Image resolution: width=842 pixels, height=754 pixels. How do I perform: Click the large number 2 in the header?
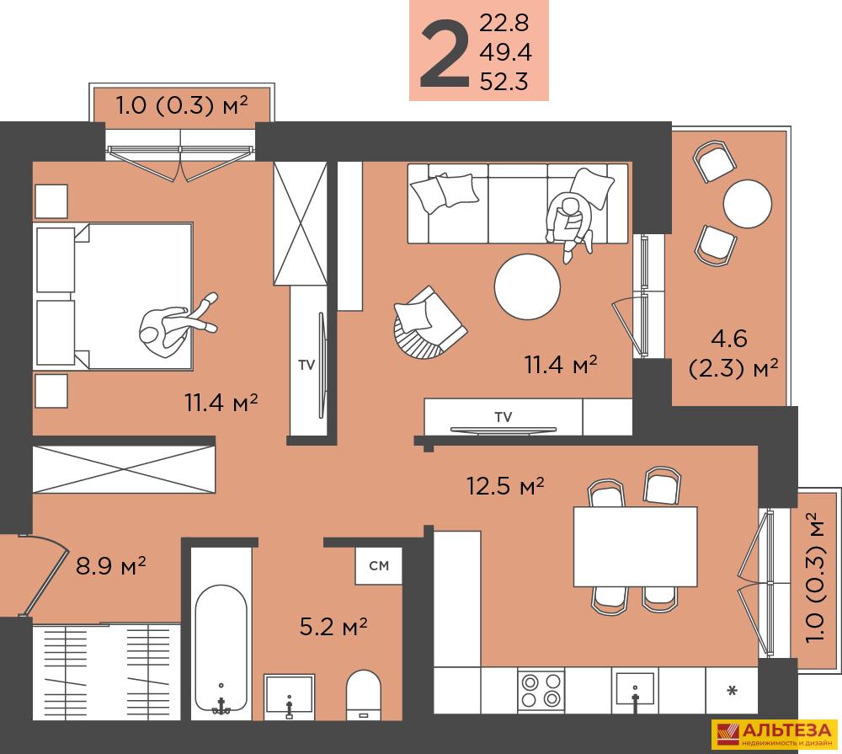click(444, 54)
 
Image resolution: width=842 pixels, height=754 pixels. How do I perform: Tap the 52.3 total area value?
click(504, 82)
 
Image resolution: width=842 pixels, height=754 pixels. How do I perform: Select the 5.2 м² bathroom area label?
click(333, 626)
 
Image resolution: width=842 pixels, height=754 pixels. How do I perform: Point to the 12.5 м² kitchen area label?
click(504, 486)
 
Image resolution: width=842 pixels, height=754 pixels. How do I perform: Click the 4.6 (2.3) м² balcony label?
click(733, 354)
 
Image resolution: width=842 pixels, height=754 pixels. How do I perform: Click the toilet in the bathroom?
click(364, 694)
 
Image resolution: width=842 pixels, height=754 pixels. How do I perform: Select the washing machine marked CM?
click(379, 565)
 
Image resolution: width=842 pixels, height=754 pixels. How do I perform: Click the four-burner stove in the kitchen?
click(541, 690)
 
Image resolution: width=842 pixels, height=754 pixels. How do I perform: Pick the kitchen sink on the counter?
click(635, 689)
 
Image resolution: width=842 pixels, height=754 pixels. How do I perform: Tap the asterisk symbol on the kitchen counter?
click(732, 690)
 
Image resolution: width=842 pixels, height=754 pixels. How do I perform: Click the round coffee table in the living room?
click(527, 287)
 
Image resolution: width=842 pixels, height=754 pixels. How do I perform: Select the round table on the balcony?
click(748, 204)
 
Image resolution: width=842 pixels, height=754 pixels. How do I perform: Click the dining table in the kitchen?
click(635, 546)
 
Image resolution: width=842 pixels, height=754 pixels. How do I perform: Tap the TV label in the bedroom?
click(306, 366)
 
